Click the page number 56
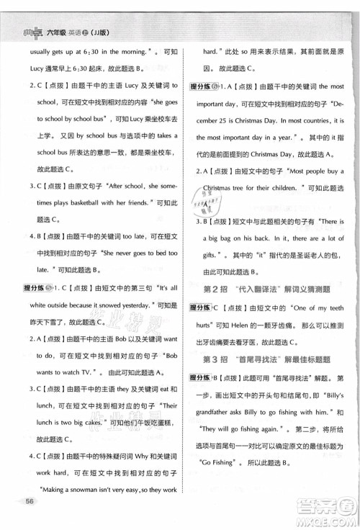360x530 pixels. [x=30, y=501]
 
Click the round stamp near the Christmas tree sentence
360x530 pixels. [x=215, y=202]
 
